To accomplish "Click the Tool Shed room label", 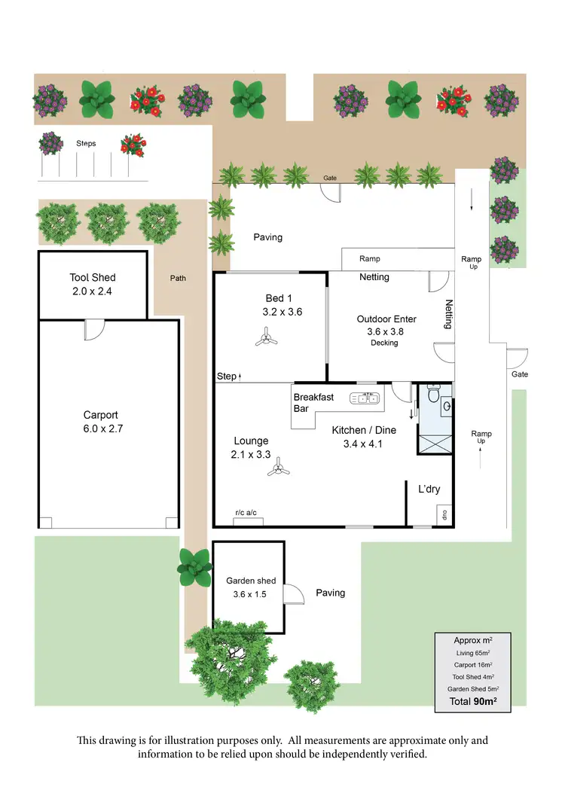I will click(93, 278).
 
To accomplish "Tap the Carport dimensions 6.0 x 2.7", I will click(101, 429).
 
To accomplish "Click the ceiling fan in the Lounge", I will click(279, 469).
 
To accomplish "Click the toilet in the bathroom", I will click(433, 394).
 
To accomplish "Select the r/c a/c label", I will click(246, 513).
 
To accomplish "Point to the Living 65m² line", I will click(473, 653).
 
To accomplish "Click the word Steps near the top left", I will click(86, 143).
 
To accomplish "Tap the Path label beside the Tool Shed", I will click(178, 278).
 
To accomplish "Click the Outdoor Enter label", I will click(386, 319).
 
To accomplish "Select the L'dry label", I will click(429, 489).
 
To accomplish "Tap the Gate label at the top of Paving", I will click(330, 178).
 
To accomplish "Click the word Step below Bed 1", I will click(226, 376).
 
